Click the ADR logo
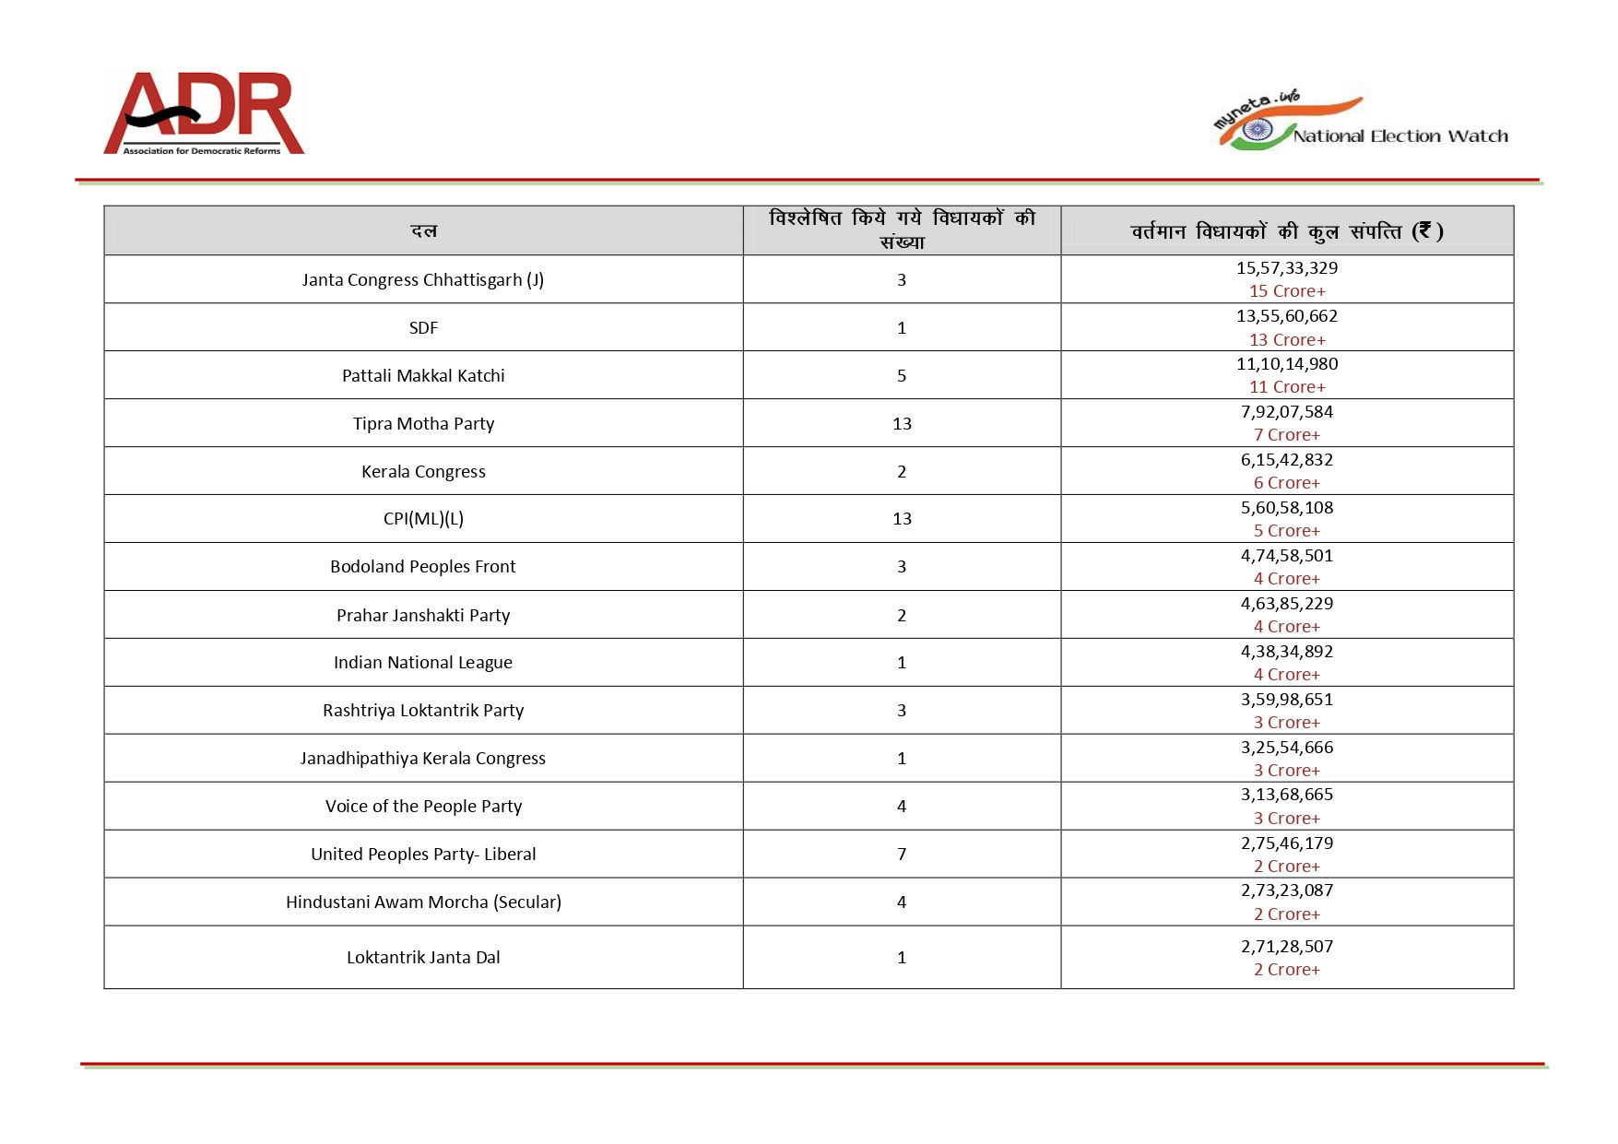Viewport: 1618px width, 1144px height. pyautogui.click(x=204, y=112)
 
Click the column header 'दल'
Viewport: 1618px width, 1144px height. pyautogui.click(x=423, y=230)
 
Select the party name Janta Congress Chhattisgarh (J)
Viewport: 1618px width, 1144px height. pyautogui.click(x=423, y=279)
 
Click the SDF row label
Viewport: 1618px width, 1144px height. pyautogui.click(x=423, y=327)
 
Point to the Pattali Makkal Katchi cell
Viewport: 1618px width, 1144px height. pyautogui.click(x=423, y=375)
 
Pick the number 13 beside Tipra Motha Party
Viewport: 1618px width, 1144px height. pyautogui.click(x=902, y=423)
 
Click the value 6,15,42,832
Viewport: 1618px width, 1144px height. pyautogui.click(x=1286, y=459)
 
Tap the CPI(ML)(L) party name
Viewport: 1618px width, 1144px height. pyautogui.click(x=423, y=519)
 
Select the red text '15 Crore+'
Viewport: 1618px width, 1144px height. pyautogui.click(x=1287, y=291)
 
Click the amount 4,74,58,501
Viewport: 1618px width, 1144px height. pyautogui.click(x=1286, y=555)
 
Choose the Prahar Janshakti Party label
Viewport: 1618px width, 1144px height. pyautogui.click(x=423, y=615)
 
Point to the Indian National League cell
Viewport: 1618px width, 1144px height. pyautogui.click(x=423, y=662)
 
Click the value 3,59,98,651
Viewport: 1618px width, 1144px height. pyautogui.click(x=1286, y=699)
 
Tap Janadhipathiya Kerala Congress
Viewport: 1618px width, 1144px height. pyautogui.click(x=423, y=758)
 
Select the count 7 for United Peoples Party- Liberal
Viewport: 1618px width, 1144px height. pyautogui.click(x=902, y=854)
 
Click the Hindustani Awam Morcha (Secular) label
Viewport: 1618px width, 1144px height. pyautogui.click(x=423, y=902)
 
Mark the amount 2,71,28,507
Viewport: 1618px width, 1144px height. pyautogui.click(x=1286, y=946)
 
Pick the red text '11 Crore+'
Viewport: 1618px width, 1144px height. pyautogui.click(x=1287, y=387)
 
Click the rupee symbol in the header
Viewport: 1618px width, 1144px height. pyautogui.click(x=1424, y=230)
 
